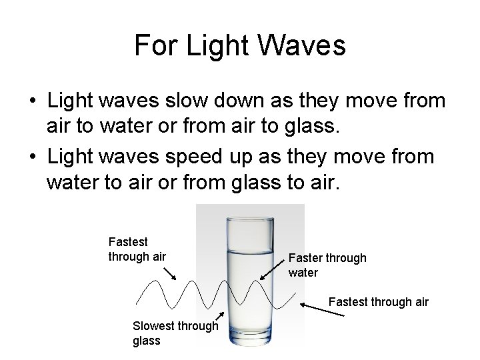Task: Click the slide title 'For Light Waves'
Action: coord(240,45)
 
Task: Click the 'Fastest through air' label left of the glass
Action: coord(137,248)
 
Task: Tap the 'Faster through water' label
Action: coord(327,265)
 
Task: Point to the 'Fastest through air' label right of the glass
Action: coord(379,302)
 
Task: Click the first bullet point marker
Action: coord(32,101)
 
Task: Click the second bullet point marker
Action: coord(32,157)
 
